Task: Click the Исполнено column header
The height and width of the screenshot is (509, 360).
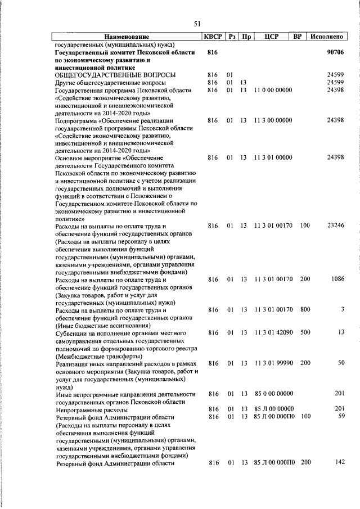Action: pyautogui.click(x=327, y=37)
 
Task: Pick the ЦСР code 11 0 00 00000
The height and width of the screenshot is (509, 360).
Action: pyautogui.click(x=273, y=90)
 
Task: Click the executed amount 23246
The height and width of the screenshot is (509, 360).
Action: pyautogui.click(x=335, y=226)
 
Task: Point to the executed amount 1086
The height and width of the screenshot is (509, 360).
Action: pyautogui.click(x=337, y=279)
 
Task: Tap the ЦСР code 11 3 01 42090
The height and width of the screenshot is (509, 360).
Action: pyautogui.click(x=273, y=333)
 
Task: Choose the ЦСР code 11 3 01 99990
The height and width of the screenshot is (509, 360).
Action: pyautogui.click(x=273, y=363)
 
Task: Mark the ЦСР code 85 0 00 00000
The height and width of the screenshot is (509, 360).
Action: pyautogui.click(x=273, y=394)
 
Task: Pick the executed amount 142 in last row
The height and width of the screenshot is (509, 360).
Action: pyautogui.click(x=339, y=463)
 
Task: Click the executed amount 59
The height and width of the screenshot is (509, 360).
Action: pyautogui.click(x=340, y=417)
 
